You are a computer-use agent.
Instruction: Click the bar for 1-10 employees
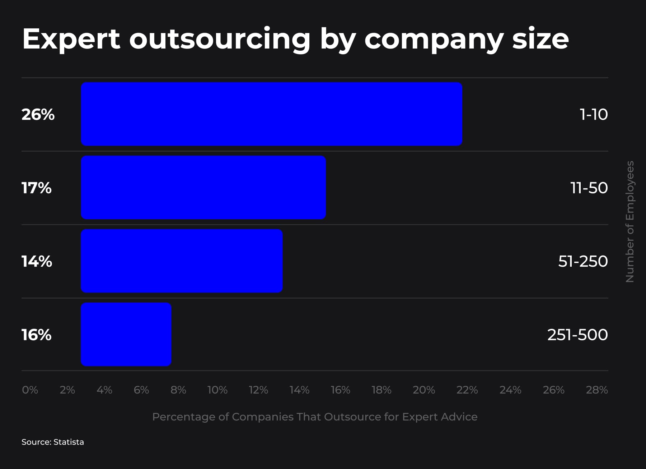pos(271,114)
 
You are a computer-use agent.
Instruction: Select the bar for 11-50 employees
pos(203,187)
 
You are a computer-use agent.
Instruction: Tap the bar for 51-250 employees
pos(182,261)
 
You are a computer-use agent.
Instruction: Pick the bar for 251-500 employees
pos(126,334)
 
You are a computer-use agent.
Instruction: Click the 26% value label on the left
pos(38,114)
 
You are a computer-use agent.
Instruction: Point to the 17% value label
pos(37,188)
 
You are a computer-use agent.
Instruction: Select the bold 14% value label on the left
pos(37,261)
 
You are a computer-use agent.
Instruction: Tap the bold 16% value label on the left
pos(37,335)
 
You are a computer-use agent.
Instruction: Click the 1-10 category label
pos(594,114)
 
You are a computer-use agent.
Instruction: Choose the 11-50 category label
pos(589,188)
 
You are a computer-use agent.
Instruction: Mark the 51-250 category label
pos(583,261)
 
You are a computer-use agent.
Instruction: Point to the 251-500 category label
pos(577,335)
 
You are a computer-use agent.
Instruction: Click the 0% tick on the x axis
pos(30,390)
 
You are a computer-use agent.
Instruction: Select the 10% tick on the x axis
pos(217,390)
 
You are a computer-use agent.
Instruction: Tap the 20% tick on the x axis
pos(423,390)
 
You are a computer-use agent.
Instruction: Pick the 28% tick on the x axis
pos(596,390)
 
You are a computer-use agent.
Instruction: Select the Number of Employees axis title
pos(630,221)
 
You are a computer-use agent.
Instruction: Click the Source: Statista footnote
pos(53,442)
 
